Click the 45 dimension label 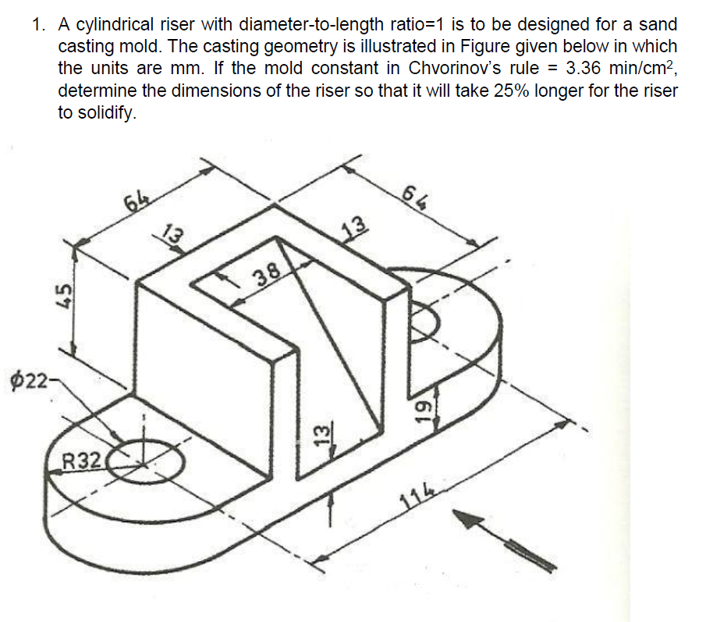click(67, 296)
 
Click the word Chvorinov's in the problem click(448, 69)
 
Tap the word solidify click(107, 112)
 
